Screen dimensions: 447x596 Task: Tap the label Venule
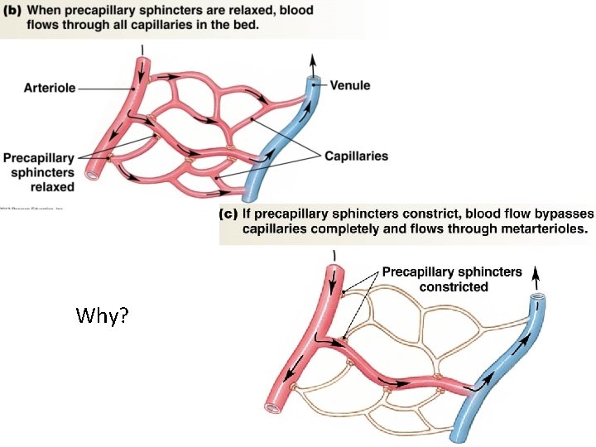point(350,84)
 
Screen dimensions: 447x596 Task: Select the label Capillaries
point(356,156)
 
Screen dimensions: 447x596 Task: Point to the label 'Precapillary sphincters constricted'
point(451,279)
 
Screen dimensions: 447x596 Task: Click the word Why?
point(101,316)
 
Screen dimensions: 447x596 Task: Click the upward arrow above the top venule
point(313,61)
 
